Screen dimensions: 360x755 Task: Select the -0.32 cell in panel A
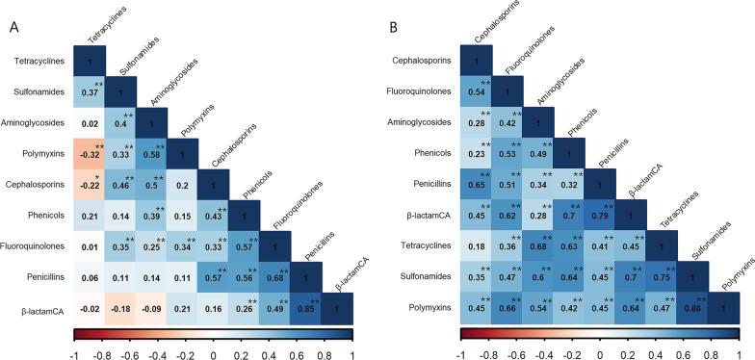tap(90, 153)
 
